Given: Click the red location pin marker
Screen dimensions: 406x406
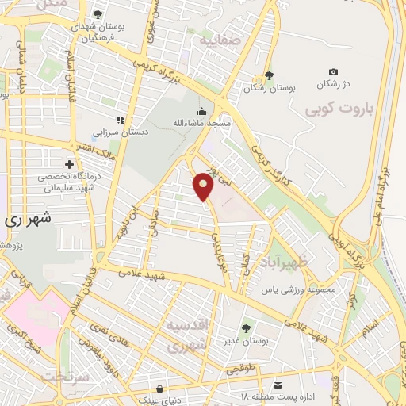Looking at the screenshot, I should pos(204,187).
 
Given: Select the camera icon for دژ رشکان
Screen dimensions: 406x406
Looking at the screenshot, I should pos(332,71).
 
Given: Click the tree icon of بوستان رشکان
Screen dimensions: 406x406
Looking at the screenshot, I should pos(269,76).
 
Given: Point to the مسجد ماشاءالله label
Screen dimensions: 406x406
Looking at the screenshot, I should pos(202,124).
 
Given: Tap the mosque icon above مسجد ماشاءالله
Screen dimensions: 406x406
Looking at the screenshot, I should pos(202,112).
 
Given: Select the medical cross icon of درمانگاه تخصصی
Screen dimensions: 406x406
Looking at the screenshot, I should pos(69,164).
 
